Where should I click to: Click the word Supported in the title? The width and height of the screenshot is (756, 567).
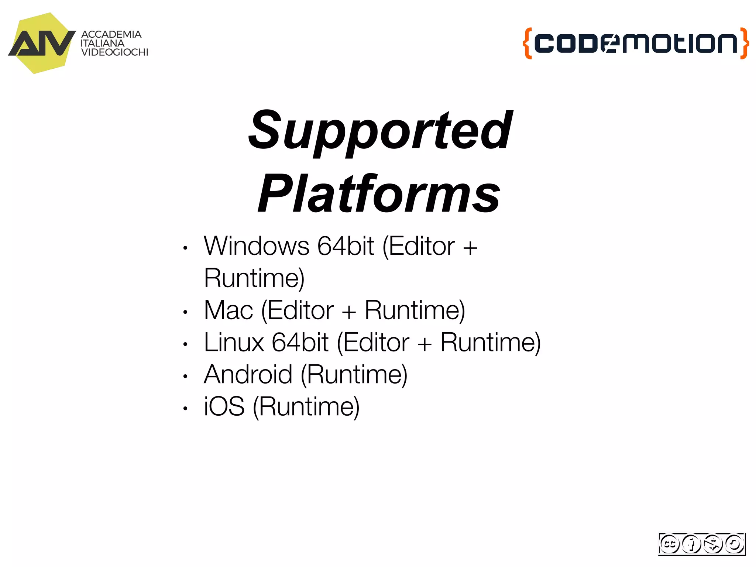click(x=380, y=131)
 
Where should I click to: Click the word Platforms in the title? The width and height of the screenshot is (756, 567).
click(x=379, y=194)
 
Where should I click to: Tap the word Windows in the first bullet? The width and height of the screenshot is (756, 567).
click(x=257, y=246)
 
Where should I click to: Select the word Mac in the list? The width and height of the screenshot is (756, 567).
click(x=228, y=310)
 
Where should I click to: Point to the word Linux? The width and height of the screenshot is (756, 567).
click(x=234, y=343)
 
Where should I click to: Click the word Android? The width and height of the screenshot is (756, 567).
click(x=248, y=375)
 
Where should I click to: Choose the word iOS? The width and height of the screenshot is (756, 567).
click(x=224, y=407)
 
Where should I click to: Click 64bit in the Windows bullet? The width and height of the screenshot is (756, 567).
click(x=346, y=246)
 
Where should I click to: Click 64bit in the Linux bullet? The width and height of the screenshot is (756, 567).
click(x=300, y=343)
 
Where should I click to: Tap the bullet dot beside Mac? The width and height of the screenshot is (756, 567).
click(x=185, y=312)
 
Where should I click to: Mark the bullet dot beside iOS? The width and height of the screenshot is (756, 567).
click(x=185, y=409)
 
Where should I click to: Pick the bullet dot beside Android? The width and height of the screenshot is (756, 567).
click(x=185, y=377)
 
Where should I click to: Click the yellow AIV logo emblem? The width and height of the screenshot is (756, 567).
click(x=41, y=44)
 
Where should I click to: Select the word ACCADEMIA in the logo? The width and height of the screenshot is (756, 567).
click(x=111, y=34)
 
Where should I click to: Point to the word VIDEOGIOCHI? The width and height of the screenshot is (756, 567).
click(x=114, y=52)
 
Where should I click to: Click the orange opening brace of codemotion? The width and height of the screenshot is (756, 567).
click(x=528, y=43)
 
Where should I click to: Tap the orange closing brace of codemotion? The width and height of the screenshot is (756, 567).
click(x=745, y=43)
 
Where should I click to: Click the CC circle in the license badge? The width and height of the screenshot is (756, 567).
click(x=669, y=544)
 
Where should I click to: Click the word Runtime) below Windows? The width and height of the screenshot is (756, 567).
click(x=254, y=278)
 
